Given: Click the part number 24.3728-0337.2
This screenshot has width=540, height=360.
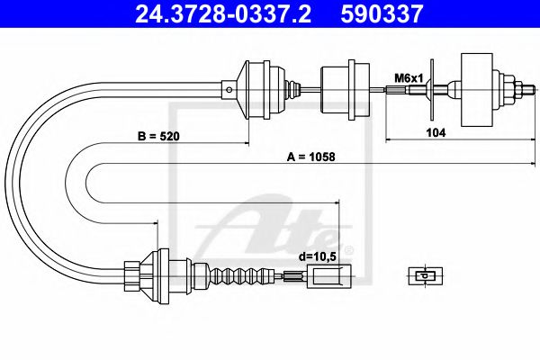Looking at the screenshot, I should [x=213, y=13].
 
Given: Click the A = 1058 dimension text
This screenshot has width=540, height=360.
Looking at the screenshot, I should [x=310, y=156].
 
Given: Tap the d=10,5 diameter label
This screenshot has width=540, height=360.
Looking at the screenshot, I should [x=317, y=256].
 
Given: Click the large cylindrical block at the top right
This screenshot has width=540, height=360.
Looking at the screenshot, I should [x=477, y=88].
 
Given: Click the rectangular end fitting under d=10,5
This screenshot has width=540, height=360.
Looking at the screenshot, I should [x=325, y=276].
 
